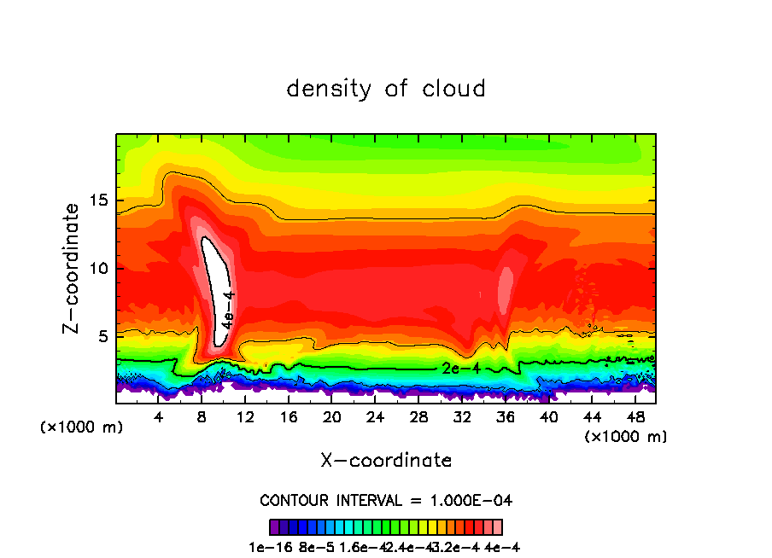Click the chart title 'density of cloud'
[x=386, y=89]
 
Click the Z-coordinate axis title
[x=73, y=268]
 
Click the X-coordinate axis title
[x=386, y=461]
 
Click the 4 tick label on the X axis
[x=159, y=417]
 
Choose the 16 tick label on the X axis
[x=289, y=417]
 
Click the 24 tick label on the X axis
[x=375, y=417]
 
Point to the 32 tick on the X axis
[x=462, y=417]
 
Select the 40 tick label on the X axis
[x=548, y=417]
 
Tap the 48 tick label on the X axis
[x=635, y=417]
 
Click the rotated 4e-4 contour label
[x=227, y=310]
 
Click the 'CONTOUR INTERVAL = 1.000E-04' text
[x=386, y=500]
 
